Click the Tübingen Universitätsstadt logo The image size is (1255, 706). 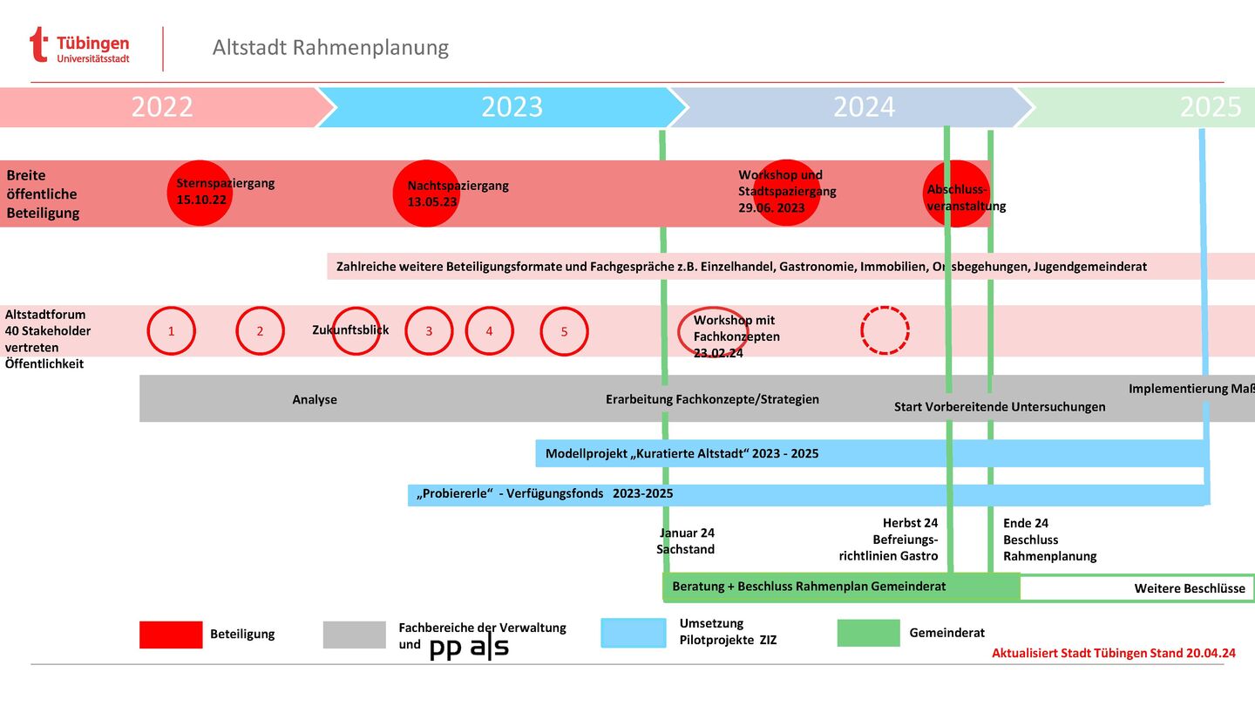coord(79,47)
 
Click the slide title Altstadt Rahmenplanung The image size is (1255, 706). coord(330,47)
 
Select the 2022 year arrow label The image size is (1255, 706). coord(162,107)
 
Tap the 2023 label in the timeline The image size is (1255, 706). coord(512,107)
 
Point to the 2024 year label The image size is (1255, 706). coord(864,107)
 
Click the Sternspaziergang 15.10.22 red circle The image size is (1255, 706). coord(200,193)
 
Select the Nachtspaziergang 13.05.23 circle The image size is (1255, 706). coord(426,193)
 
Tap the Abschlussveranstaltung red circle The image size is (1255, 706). coord(956,193)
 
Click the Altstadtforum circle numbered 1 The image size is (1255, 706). coord(172,331)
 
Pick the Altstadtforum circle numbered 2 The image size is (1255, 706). coord(260,331)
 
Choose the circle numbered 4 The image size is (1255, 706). coord(489,331)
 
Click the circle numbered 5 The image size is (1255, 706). coord(564,331)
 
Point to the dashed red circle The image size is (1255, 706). coord(885,330)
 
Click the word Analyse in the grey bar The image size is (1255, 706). coord(315,400)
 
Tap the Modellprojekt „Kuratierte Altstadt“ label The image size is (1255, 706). coord(682,454)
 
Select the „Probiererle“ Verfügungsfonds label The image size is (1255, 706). coord(545,494)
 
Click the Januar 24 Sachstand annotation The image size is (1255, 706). coord(686,541)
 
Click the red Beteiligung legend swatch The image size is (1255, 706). coord(171,635)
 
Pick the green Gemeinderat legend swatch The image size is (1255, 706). coord(868,634)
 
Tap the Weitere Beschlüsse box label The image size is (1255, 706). coord(1190,588)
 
